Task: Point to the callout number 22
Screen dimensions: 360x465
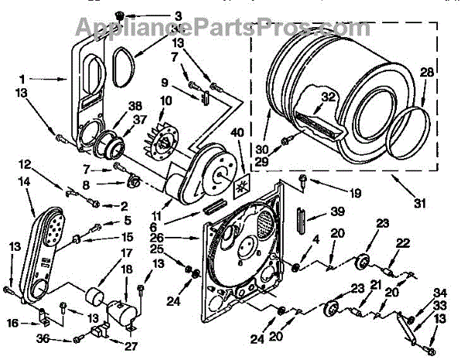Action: coord(402,243)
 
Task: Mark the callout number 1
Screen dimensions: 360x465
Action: coord(23,77)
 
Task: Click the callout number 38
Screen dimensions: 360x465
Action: coord(136,107)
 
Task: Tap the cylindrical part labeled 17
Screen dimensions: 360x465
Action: coord(96,298)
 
